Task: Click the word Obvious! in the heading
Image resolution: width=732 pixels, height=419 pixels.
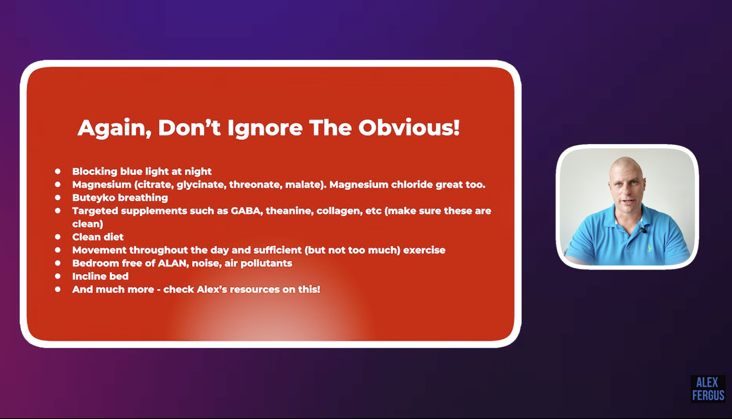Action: (409, 128)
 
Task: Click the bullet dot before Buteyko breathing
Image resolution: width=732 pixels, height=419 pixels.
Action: (58, 198)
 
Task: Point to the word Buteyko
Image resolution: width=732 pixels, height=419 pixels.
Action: (94, 198)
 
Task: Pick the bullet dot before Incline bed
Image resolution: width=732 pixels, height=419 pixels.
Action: (58, 276)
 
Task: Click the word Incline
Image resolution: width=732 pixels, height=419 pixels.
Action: (88, 276)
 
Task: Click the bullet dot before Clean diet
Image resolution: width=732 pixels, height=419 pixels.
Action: (58, 237)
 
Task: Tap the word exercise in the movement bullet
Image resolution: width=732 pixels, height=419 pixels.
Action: (424, 250)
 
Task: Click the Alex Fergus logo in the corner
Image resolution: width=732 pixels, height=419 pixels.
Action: (708, 389)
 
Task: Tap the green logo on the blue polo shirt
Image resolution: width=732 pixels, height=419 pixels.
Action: (650, 249)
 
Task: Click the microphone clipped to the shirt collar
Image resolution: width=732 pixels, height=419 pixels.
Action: (643, 230)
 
